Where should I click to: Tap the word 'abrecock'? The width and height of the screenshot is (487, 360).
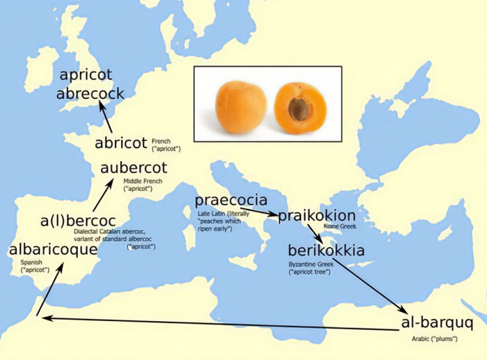(x=90, y=94)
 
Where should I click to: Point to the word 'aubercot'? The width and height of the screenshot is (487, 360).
(x=134, y=169)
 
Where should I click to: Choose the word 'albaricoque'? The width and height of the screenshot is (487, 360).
(x=53, y=249)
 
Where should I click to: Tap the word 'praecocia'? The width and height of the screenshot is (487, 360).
(x=230, y=201)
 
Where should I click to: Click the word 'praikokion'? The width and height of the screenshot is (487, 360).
(x=317, y=216)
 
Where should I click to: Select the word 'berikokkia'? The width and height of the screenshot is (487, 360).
(x=325, y=251)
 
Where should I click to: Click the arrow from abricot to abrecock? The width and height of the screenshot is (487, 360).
(x=106, y=117)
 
